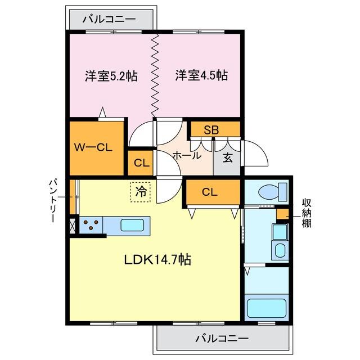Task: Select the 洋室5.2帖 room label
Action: coord(111,75)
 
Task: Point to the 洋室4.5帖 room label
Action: coord(201,75)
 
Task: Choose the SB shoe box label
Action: coord(211,130)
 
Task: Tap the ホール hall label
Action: coord(186,156)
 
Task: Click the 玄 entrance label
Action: coord(227,157)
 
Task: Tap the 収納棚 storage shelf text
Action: coord(307,214)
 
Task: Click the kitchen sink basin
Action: coord(132,226)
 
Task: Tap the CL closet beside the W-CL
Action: coord(141,164)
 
